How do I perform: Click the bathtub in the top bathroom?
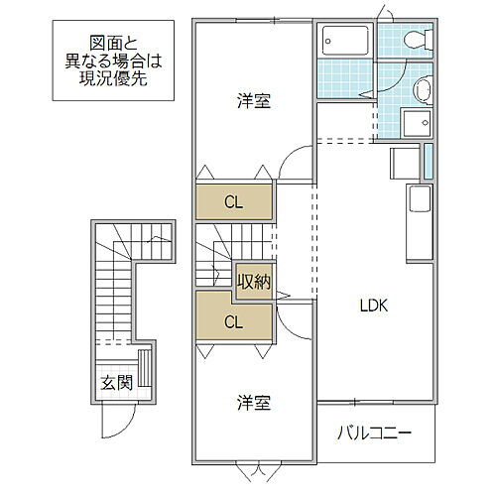click(x=344, y=41)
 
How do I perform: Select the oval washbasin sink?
click(x=423, y=88)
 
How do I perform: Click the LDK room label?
click(x=374, y=306)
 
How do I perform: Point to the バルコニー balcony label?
click(x=373, y=434)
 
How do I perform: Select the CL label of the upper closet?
click(x=233, y=202)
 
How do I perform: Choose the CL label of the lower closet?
click(x=233, y=321)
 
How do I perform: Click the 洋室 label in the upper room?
click(x=254, y=100)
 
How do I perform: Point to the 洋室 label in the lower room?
click(x=254, y=404)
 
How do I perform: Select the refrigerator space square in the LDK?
click(x=405, y=162)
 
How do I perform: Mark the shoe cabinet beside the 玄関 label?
click(x=147, y=369)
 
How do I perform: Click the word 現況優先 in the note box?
click(x=112, y=78)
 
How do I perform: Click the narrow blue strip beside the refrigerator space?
click(x=429, y=161)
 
